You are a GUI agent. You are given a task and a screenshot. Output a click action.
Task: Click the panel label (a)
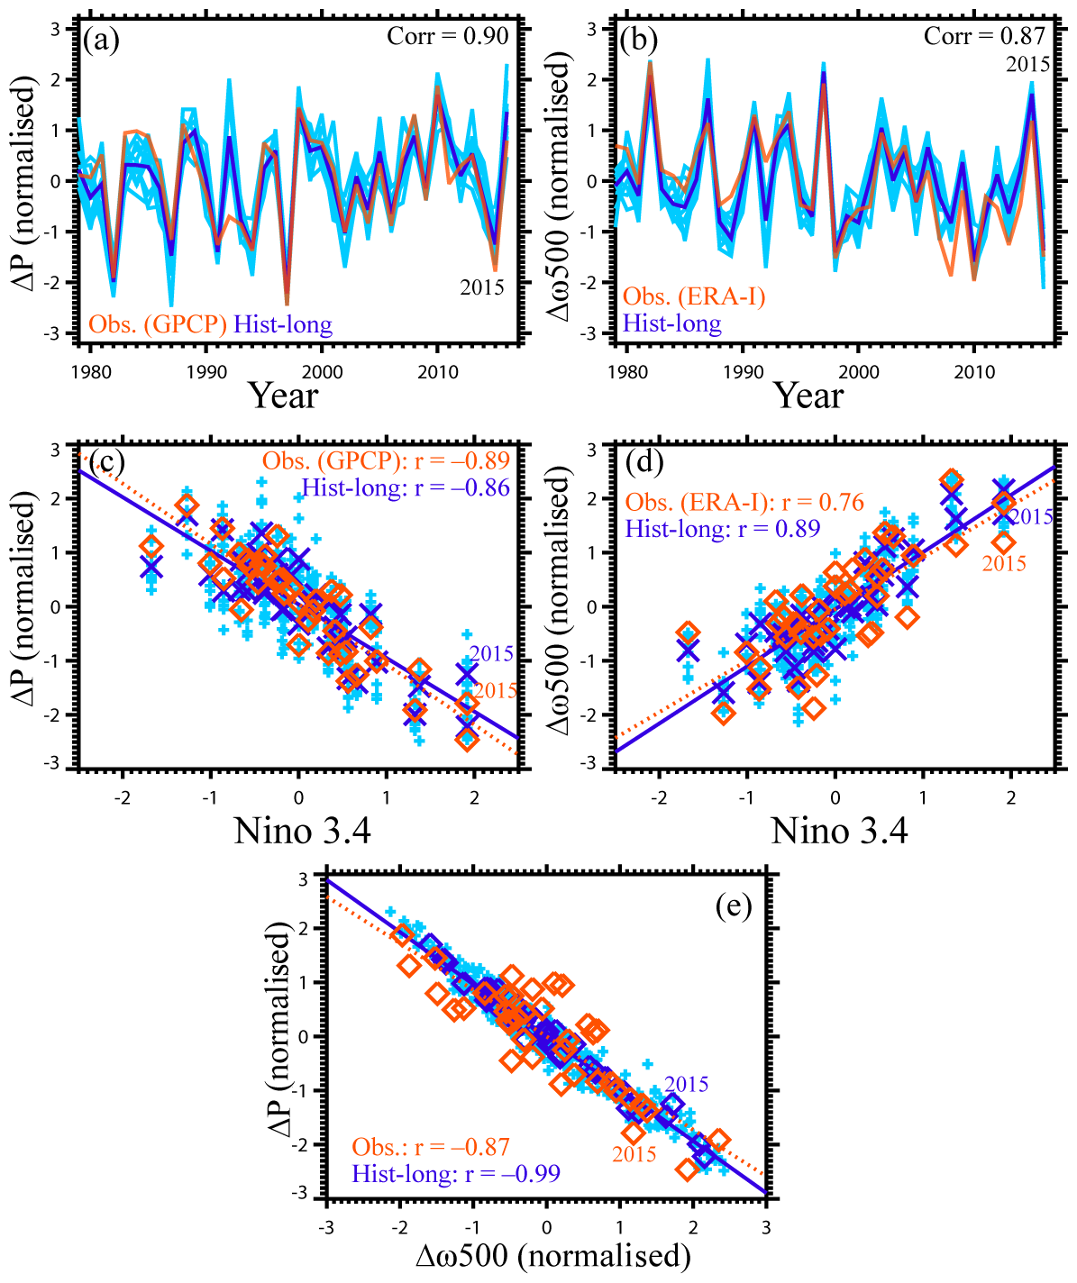pyautogui.click(x=101, y=41)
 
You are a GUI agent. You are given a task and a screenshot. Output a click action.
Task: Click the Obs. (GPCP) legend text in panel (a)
pyautogui.click(x=157, y=324)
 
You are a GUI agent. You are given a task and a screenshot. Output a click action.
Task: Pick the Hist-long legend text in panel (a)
pyautogui.click(x=282, y=324)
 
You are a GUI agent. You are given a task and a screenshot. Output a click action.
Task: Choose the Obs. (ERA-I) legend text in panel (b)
pyautogui.click(x=694, y=296)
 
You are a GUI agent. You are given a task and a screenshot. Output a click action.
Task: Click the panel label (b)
pyautogui.click(x=639, y=41)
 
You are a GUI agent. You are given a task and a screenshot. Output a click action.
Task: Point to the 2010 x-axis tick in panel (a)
pyautogui.click(x=438, y=372)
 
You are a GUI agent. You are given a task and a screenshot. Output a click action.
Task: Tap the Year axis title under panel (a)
pyautogui.click(x=283, y=396)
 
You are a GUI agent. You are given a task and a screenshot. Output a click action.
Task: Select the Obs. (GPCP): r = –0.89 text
pyautogui.click(x=386, y=460)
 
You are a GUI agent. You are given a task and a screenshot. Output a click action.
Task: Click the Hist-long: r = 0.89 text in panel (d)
pyautogui.click(x=723, y=529)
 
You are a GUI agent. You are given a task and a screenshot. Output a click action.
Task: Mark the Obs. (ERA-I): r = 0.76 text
pyautogui.click(x=744, y=502)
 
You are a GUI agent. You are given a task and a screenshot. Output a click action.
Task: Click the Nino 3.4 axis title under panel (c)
pyautogui.click(x=302, y=831)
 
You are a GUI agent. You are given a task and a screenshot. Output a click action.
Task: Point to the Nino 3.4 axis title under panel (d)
pyautogui.click(x=839, y=831)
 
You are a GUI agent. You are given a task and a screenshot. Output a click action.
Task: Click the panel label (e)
pyautogui.click(x=733, y=906)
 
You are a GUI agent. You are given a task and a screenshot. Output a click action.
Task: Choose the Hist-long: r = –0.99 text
pyautogui.click(x=456, y=1173)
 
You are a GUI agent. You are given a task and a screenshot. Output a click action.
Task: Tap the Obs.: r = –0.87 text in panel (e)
pyautogui.click(x=431, y=1147)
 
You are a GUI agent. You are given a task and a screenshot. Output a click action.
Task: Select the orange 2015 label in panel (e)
pyautogui.click(x=634, y=1154)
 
